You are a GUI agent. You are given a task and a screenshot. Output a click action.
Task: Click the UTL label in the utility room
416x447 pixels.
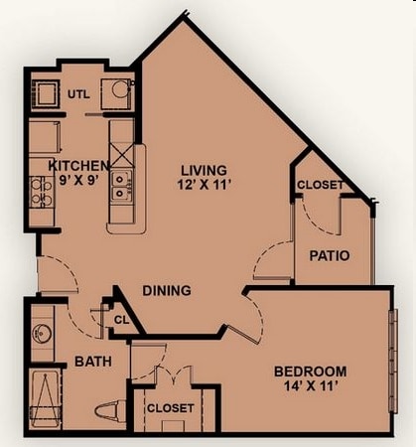(x=78, y=94)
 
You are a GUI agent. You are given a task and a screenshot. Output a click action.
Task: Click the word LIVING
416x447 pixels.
(x=203, y=169)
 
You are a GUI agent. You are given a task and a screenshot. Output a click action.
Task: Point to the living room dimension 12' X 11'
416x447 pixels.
(x=203, y=186)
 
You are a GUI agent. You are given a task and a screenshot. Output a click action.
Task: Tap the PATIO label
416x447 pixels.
(x=329, y=255)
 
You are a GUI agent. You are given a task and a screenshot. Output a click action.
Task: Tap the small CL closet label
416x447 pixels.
(x=121, y=320)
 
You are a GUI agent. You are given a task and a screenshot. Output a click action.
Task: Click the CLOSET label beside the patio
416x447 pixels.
(x=320, y=185)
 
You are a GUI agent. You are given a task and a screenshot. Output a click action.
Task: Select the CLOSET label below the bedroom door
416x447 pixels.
(x=171, y=408)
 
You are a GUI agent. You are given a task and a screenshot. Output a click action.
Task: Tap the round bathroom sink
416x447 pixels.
(x=42, y=333)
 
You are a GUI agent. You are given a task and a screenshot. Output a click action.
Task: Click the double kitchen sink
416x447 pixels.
(x=121, y=186)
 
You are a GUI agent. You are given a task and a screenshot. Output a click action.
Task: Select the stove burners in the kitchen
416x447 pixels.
(x=41, y=191)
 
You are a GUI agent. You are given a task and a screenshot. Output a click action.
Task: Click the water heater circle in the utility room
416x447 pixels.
(x=119, y=89)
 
